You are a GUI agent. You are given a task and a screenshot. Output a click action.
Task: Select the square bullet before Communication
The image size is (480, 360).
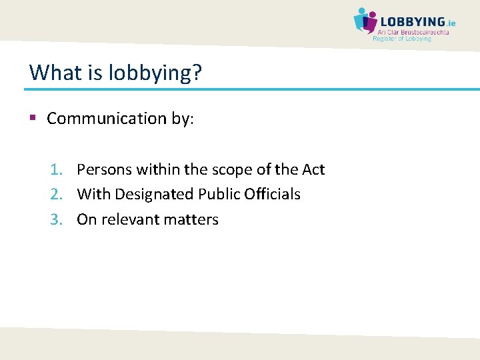33,118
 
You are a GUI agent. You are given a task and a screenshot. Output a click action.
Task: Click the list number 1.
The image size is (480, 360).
55,170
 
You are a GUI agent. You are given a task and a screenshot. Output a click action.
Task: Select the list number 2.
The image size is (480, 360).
55,195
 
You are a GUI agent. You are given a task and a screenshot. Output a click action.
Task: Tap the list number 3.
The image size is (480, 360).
55,219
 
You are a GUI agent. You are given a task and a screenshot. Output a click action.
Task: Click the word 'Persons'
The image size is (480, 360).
105,170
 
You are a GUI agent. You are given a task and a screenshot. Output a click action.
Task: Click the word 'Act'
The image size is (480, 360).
313,170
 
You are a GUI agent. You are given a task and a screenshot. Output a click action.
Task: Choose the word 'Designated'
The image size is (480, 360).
157,195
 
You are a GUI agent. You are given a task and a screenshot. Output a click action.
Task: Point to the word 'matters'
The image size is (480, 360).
195,219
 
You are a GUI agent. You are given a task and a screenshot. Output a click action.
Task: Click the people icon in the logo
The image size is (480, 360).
365,20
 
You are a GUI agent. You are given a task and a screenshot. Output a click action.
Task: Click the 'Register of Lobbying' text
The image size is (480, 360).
402,39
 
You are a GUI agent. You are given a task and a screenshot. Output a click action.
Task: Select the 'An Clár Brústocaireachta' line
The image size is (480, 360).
413,32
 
